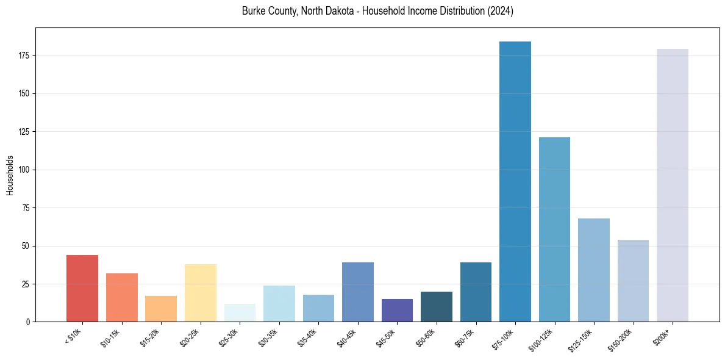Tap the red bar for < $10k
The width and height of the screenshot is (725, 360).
tap(82, 289)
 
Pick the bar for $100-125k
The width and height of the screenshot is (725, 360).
tap(554, 229)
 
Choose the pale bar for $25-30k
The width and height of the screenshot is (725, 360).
tap(240, 313)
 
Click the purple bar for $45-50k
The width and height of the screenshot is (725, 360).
tap(397, 311)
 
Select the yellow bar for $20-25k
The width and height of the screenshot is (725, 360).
tap(201, 293)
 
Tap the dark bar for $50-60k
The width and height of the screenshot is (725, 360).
tap(437, 307)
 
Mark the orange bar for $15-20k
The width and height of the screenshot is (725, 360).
tap(161, 309)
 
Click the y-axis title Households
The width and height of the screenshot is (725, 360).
tap(10, 175)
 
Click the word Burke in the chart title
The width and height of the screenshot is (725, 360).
tap(254, 11)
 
